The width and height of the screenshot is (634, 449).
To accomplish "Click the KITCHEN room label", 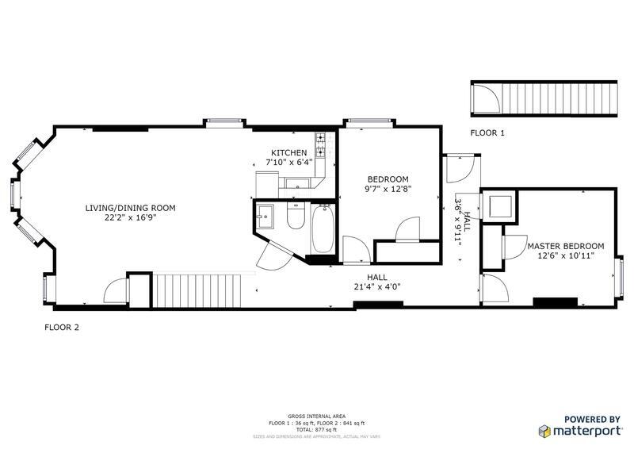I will [288, 153].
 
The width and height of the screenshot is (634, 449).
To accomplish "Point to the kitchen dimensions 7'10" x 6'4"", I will [288, 163].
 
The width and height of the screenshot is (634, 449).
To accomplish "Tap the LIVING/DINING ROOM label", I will [130, 208].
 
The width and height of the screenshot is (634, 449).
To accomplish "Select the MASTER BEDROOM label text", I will [566, 246].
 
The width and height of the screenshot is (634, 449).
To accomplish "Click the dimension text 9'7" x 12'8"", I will [388, 189].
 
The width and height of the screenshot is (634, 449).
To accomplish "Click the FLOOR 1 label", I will [487, 132].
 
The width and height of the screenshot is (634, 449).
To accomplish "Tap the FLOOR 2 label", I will [61, 326].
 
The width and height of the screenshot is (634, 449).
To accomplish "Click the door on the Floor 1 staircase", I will [486, 99].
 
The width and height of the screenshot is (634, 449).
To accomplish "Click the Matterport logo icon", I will [545, 431].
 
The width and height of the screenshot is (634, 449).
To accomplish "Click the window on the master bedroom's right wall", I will [621, 274].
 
